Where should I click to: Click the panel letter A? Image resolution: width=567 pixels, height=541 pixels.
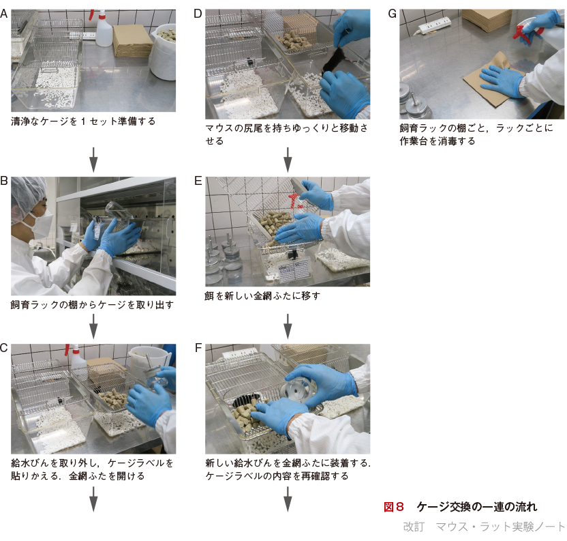pos(4,14)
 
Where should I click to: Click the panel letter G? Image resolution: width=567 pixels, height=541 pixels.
pos(392,14)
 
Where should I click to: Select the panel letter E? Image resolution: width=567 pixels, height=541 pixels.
pos(198,181)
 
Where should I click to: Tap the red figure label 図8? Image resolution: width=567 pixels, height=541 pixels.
pos(393,507)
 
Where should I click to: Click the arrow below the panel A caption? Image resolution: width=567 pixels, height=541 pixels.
pos(93,160)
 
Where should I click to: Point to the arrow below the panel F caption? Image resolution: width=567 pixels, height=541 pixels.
pos(288,499)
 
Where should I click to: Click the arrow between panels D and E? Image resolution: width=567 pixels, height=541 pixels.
pos(288,160)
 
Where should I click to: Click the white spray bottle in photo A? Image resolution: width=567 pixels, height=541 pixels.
pos(103,28)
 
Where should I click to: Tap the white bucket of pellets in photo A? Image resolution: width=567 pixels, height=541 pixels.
pos(163,51)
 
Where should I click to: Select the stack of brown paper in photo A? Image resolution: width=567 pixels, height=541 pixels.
pos(133,41)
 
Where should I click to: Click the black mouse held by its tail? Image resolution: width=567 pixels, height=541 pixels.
pos(334,61)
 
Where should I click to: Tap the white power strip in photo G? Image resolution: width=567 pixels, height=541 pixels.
pos(434,25)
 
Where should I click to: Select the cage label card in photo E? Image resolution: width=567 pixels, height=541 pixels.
pos(294,269)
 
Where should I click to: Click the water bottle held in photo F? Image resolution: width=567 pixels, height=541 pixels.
pos(296,390)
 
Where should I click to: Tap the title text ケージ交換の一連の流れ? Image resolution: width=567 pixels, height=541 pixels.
pos(477,507)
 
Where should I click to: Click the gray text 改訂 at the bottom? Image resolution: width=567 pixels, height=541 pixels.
pos(414,526)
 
